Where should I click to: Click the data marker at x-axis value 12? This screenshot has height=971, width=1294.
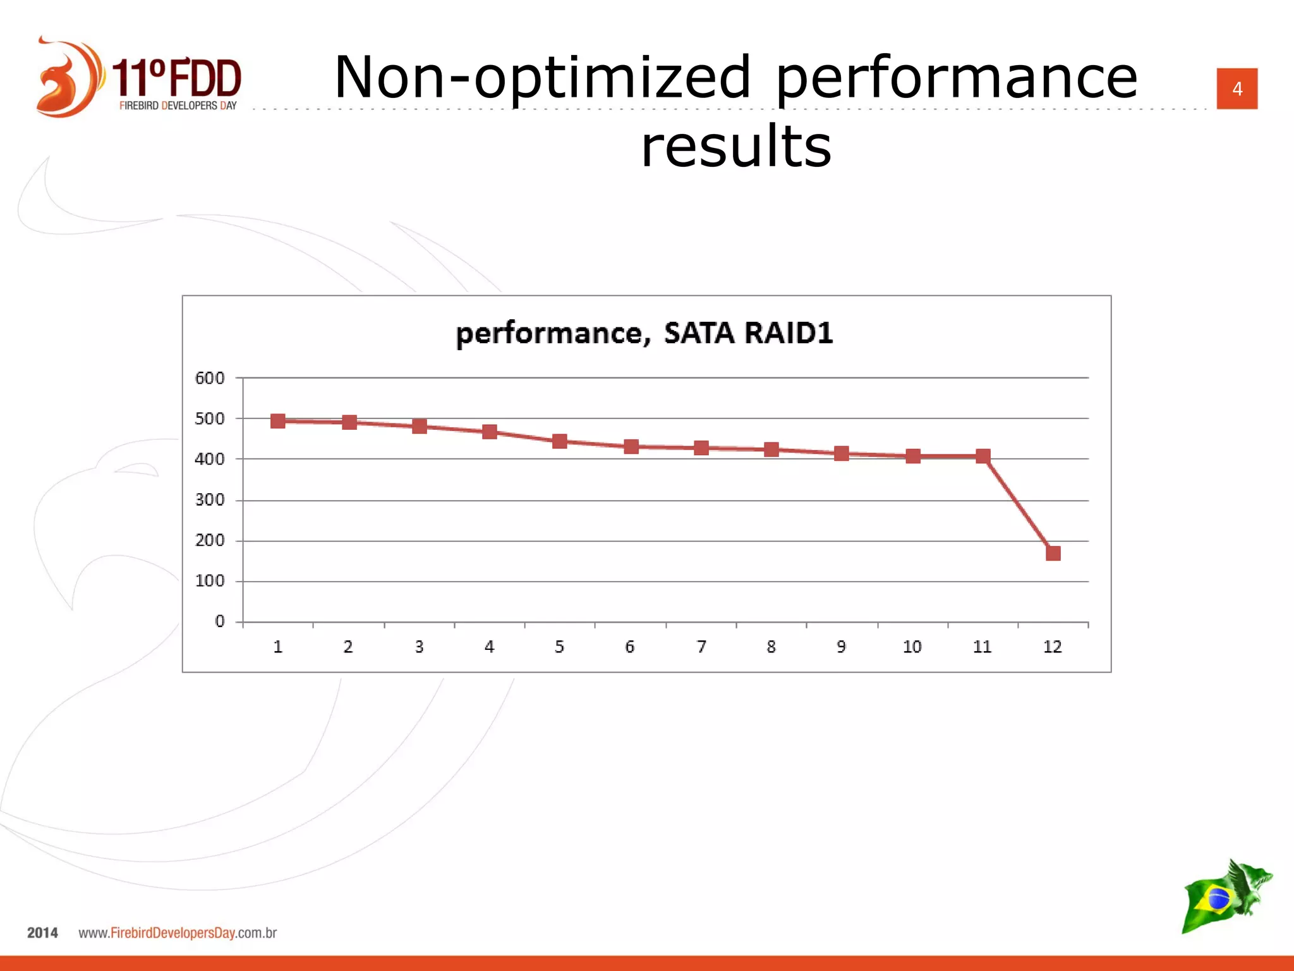1053,554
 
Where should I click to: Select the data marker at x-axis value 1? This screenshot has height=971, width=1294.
277,421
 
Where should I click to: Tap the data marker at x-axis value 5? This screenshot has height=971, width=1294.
559,441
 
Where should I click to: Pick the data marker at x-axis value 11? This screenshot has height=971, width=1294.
983,456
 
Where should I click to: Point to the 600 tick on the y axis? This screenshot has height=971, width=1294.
210,378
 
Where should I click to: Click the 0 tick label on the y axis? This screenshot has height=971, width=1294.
219,621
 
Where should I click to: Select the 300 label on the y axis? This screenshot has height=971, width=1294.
210,500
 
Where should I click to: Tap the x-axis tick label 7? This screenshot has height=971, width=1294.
701,647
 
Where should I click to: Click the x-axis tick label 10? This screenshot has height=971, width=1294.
912,647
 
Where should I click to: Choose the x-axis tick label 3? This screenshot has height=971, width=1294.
419,647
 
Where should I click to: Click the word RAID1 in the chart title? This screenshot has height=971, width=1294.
789,333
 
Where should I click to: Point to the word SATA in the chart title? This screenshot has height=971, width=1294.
699,333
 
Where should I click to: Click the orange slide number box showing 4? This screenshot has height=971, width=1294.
1237,89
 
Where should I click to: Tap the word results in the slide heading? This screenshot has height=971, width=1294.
736,146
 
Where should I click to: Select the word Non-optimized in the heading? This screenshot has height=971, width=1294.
542,78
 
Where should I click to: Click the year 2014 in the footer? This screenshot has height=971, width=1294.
42,932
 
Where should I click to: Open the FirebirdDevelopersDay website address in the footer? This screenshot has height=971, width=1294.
178,932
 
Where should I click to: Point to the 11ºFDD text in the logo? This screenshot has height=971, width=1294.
176,78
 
